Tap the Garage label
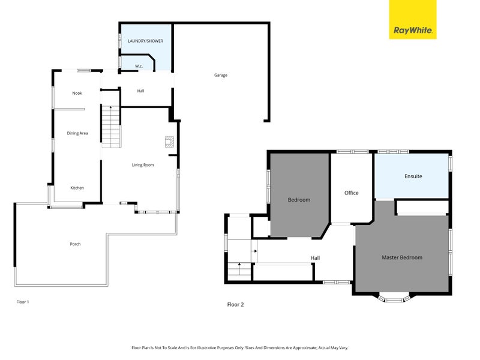click(x=221, y=75)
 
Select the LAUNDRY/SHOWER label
click(x=145, y=41)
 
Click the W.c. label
click(x=138, y=65)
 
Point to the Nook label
click(x=77, y=93)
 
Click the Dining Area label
click(x=77, y=133)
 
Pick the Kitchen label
click(x=77, y=188)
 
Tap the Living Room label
click(x=143, y=164)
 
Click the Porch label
click(x=75, y=244)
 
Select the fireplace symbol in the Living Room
click(x=170, y=142)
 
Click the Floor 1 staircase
click(x=111, y=127)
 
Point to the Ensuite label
click(x=413, y=176)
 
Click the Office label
click(x=351, y=193)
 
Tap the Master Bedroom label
click(x=402, y=257)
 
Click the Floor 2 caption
click(x=235, y=305)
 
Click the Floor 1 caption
click(x=22, y=302)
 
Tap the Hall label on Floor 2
click(x=315, y=258)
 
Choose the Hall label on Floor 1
click(x=140, y=91)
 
